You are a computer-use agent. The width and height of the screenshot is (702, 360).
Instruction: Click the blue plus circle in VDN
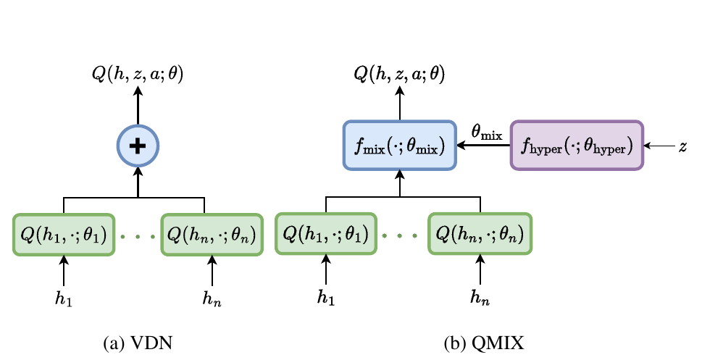[138, 146]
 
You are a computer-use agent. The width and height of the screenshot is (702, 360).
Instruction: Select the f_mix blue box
[400, 146]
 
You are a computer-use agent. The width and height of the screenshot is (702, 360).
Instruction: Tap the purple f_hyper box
[577, 146]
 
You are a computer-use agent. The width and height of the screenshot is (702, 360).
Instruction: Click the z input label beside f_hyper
[682, 146]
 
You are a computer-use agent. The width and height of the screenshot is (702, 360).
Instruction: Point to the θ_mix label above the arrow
[487, 133]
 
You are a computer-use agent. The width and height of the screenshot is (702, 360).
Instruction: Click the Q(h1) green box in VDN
[64, 235]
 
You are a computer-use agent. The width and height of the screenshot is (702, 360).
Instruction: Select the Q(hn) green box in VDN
[212, 235]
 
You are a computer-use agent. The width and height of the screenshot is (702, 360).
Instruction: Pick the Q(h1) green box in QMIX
[326, 234]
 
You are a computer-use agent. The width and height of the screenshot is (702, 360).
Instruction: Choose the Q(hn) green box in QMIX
[480, 234]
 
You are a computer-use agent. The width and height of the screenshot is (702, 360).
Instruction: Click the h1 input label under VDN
[64, 298]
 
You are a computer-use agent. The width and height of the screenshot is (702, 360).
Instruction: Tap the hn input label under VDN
[212, 298]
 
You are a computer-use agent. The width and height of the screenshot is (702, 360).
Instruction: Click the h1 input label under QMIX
[326, 297]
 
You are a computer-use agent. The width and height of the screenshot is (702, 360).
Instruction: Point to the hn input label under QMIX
[480, 297]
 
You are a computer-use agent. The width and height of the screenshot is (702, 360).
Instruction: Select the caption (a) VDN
[138, 343]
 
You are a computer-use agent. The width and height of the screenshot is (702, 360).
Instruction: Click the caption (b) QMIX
[484, 343]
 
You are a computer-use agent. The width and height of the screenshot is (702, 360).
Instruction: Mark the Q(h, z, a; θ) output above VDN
[138, 75]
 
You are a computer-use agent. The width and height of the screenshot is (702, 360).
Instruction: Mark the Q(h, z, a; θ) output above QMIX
[400, 75]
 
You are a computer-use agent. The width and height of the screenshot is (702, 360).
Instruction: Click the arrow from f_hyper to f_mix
[483, 146]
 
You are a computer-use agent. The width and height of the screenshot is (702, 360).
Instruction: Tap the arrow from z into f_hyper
[659, 146]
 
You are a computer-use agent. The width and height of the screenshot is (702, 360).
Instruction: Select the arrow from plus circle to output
[138, 106]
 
